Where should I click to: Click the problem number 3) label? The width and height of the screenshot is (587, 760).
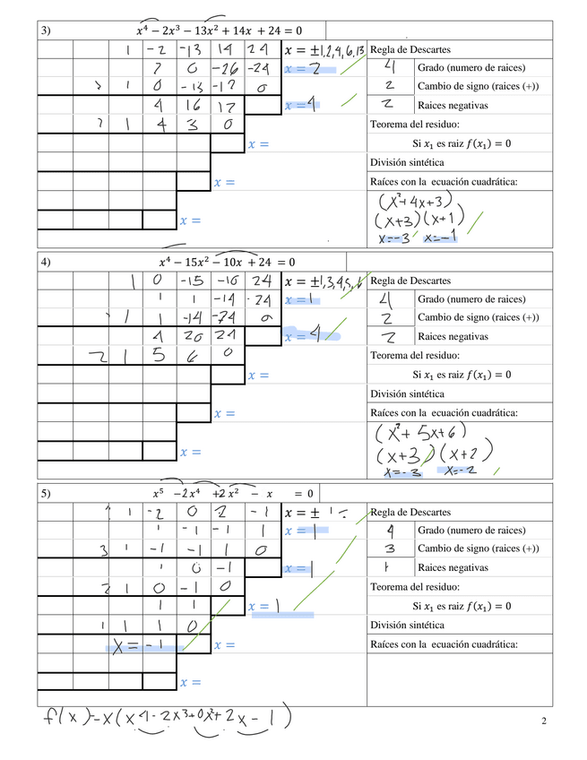coord(45,31)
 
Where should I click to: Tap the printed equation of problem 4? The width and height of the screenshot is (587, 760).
coord(226,262)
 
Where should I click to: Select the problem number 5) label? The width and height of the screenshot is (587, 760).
coord(45,493)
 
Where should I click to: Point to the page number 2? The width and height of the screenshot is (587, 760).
coord(544,721)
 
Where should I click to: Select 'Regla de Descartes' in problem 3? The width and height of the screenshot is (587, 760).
coord(410,49)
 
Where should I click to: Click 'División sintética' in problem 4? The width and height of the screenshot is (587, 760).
coord(408,393)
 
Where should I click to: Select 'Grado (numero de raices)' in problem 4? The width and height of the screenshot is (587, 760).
coord(471,298)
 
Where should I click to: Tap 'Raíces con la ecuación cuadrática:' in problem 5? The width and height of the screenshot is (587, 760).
coord(445,644)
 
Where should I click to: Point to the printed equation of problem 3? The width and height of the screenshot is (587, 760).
coord(219,31)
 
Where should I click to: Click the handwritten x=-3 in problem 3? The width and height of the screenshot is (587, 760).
coord(393,239)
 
